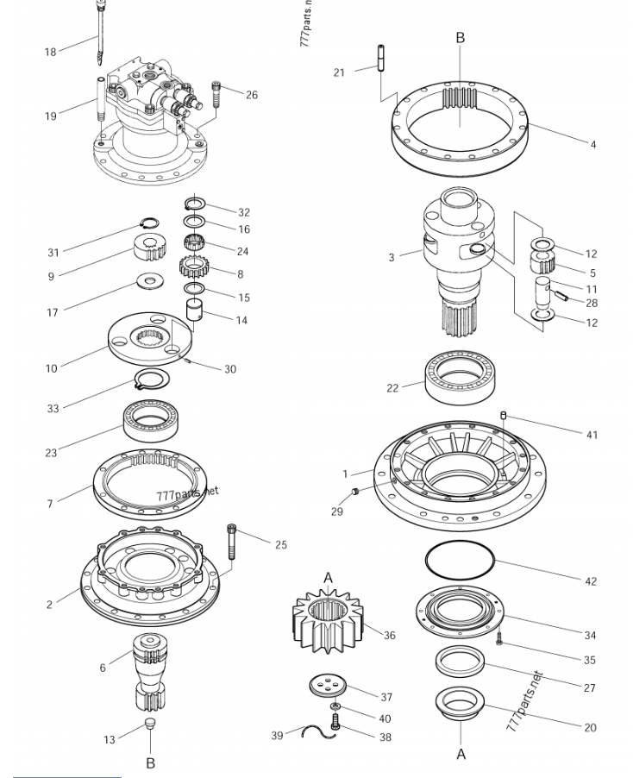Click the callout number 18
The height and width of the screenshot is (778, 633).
50,52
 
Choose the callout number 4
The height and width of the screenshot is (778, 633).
592,144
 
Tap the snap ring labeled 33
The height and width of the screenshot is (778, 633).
154,378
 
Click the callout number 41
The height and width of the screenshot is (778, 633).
592,435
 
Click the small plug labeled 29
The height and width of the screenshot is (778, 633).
354,492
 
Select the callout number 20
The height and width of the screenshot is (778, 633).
590,727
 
